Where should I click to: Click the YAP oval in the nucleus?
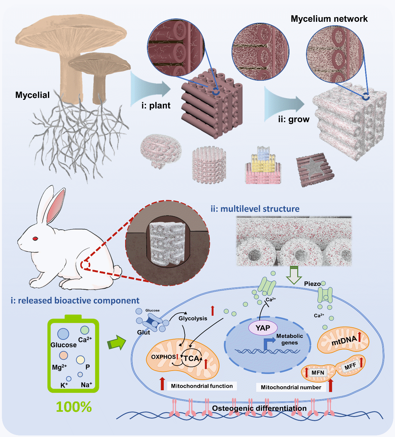click(x=263, y=328)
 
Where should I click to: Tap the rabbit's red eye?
click(x=35, y=238)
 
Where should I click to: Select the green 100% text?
click(x=74, y=407)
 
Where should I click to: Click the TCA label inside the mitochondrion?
click(x=191, y=358)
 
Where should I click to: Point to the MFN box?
click(x=318, y=372)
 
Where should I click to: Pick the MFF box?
click(x=350, y=367)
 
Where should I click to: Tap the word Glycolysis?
click(x=193, y=318)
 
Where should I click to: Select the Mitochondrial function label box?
click(x=202, y=386)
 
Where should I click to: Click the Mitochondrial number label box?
click(x=291, y=387)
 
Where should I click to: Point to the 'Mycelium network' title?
click(x=329, y=19)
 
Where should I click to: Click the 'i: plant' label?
click(x=156, y=105)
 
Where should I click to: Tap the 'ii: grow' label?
click(x=294, y=119)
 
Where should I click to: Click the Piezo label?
click(x=312, y=284)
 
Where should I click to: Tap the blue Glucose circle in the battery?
click(x=63, y=334)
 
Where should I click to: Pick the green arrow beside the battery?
click(x=116, y=343)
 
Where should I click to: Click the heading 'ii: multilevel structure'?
click(x=255, y=209)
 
